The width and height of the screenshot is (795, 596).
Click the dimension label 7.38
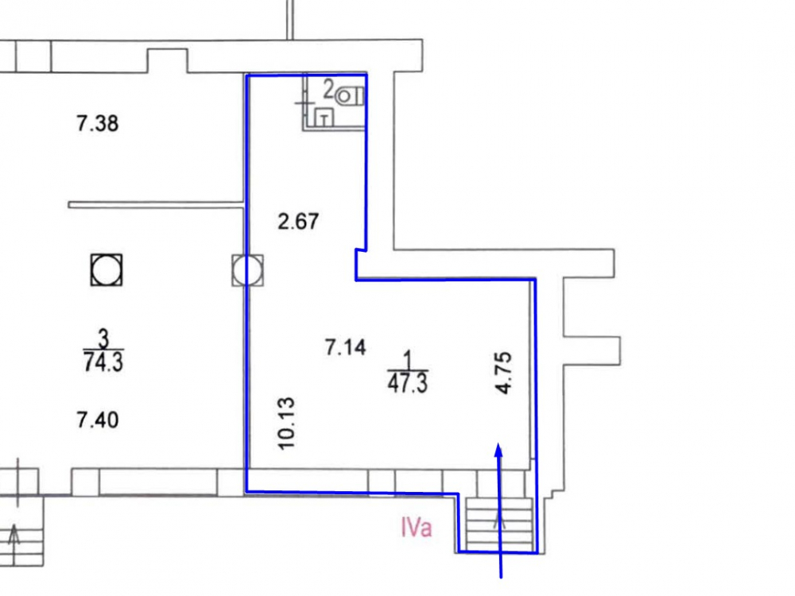pyautogui.click(x=97, y=123)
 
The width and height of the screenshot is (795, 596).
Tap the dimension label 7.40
pyautogui.click(x=97, y=420)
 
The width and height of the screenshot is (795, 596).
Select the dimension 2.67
pyautogui.click(x=298, y=222)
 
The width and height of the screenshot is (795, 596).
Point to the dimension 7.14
pyautogui.click(x=345, y=347)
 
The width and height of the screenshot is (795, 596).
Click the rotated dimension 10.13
pyautogui.click(x=286, y=424)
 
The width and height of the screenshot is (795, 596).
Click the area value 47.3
pyautogui.click(x=407, y=383)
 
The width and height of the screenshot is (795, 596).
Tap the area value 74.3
pyautogui.click(x=103, y=362)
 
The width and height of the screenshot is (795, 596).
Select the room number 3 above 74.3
pyautogui.click(x=103, y=338)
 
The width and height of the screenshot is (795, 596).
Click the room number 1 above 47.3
pyautogui.click(x=407, y=360)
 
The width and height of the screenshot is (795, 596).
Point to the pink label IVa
pyautogui.click(x=417, y=527)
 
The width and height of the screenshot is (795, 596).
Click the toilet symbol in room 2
pyautogui.click(x=351, y=96)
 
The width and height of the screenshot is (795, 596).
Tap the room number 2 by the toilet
pyautogui.click(x=328, y=90)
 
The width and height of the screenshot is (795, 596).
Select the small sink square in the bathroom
pyautogui.click(x=324, y=118)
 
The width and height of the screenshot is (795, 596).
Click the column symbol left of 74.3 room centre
pyautogui.click(x=107, y=270)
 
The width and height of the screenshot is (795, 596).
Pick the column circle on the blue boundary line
pyautogui.click(x=247, y=270)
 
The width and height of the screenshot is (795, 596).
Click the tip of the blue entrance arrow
pyautogui.click(x=499, y=443)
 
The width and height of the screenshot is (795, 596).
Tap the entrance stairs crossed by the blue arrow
pyautogui.click(x=499, y=524)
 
